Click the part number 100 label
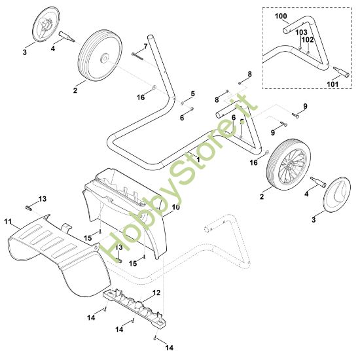[281, 16]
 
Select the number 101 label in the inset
[333, 84]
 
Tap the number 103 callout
[301, 32]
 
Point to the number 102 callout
[308, 40]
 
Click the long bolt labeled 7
[137, 56]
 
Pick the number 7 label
[145, 46]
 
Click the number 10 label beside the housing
[176, 207]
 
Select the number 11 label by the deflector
[8, 221]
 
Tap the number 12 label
[156, 293]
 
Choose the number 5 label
[192, 94]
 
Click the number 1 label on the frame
[198, 160]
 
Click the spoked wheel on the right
[289, 164]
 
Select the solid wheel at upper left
[100, 56]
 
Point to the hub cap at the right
[337, 194]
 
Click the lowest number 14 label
[170, 348]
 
